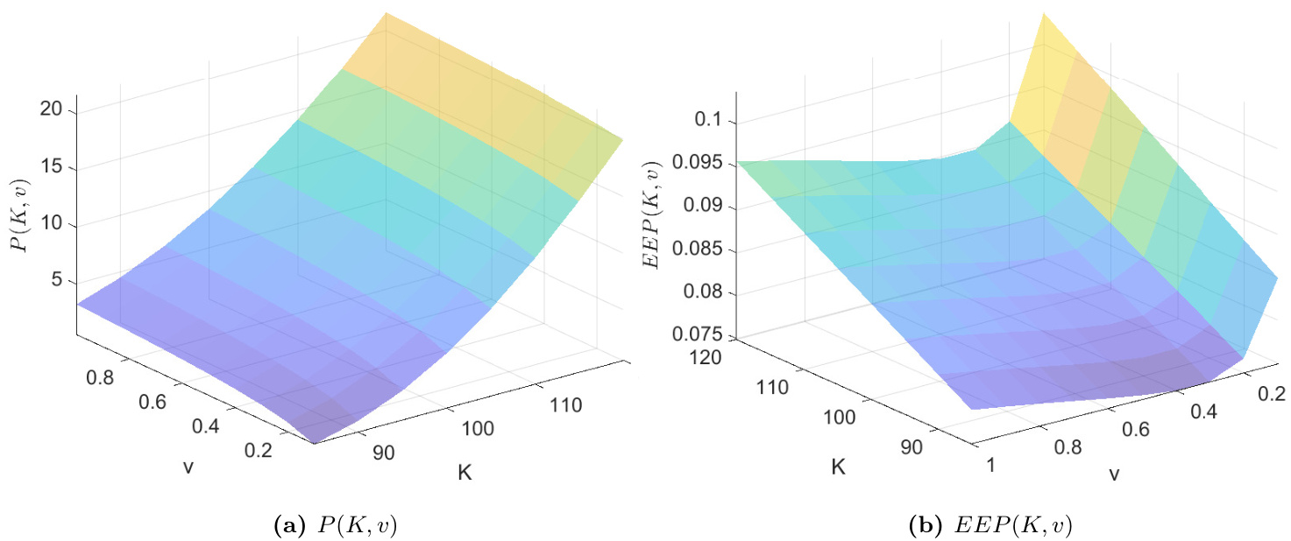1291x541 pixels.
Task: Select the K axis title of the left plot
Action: click(466, 474)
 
